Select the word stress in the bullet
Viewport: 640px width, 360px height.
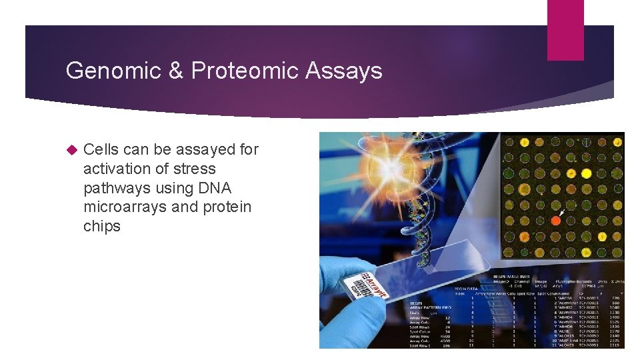pos(193,169)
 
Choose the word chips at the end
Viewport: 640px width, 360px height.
pos(102,226)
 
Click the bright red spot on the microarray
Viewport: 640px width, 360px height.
pos(555,221)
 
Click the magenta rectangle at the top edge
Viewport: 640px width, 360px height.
pos(565,30)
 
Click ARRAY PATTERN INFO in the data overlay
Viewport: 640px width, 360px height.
pos(431,307)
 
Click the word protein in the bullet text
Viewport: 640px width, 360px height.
pos(227,207)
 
